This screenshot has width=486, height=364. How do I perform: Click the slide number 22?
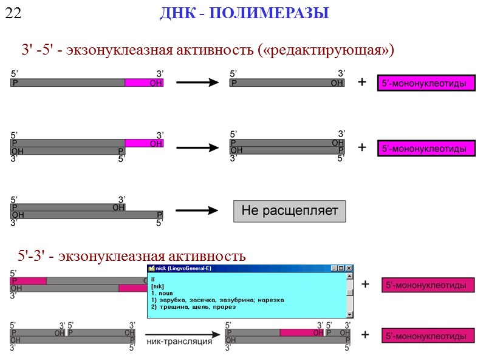(13, 13)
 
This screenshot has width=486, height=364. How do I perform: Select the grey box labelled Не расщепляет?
(289, 211)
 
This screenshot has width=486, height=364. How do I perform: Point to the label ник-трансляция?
(178, 341)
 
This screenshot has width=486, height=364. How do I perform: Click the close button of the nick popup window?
(349, 268)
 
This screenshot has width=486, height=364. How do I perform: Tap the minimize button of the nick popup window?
(334, 268)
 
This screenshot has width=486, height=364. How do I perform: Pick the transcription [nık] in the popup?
(157, 286)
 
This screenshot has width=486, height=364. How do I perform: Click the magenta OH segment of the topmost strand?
(145, 83)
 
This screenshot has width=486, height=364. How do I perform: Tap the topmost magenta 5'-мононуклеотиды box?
(426, 84)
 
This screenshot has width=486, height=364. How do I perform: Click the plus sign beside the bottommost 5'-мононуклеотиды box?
(364, 334)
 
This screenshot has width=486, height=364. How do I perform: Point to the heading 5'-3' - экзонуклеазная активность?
(132, 256)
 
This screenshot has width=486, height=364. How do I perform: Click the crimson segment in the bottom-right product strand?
(301, 332)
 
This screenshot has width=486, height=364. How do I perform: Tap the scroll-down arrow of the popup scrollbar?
(349, 314)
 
